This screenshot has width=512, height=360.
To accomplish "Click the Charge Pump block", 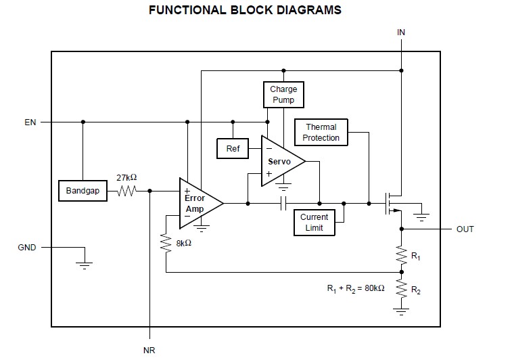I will pyautogui.click(x=283, y=95).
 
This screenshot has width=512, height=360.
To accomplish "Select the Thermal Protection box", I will pyautogui.click(x=321, y=133).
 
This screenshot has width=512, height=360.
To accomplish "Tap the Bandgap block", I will pyautogui.click(x=83, y=191).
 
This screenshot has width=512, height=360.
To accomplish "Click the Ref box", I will pyautogui.click(x=233, y=148).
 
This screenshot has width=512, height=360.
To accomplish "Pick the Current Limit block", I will pyautogui.click(x=314, y=223).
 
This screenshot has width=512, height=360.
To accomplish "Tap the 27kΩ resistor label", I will pyautogui.click(x=126, y=177).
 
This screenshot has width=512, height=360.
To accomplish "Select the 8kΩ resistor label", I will pyautogui.click(x=182, y=243).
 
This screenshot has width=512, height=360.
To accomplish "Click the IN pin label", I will pyautogui.click(x=401, y=32).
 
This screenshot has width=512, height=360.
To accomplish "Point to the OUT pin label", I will pyautogui.click(x=465, y=229).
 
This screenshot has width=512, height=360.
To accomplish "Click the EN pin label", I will pyautogui.click(x=30, y=122).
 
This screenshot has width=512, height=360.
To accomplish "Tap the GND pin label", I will pyautogui.click(x=27, y=248).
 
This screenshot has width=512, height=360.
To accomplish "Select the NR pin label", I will pyautogui.click(x=149, y=351).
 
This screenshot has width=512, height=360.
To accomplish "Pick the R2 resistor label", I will pyautogui.click(x=416, y=291).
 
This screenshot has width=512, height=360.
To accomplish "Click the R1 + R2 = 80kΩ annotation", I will pyautogui.click(x=356, y=288).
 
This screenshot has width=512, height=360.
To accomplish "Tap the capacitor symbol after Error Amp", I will pyautogui.click(x=283, y=202).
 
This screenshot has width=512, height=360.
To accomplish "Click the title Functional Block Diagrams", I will pyautogui.click(x=245, y=11).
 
